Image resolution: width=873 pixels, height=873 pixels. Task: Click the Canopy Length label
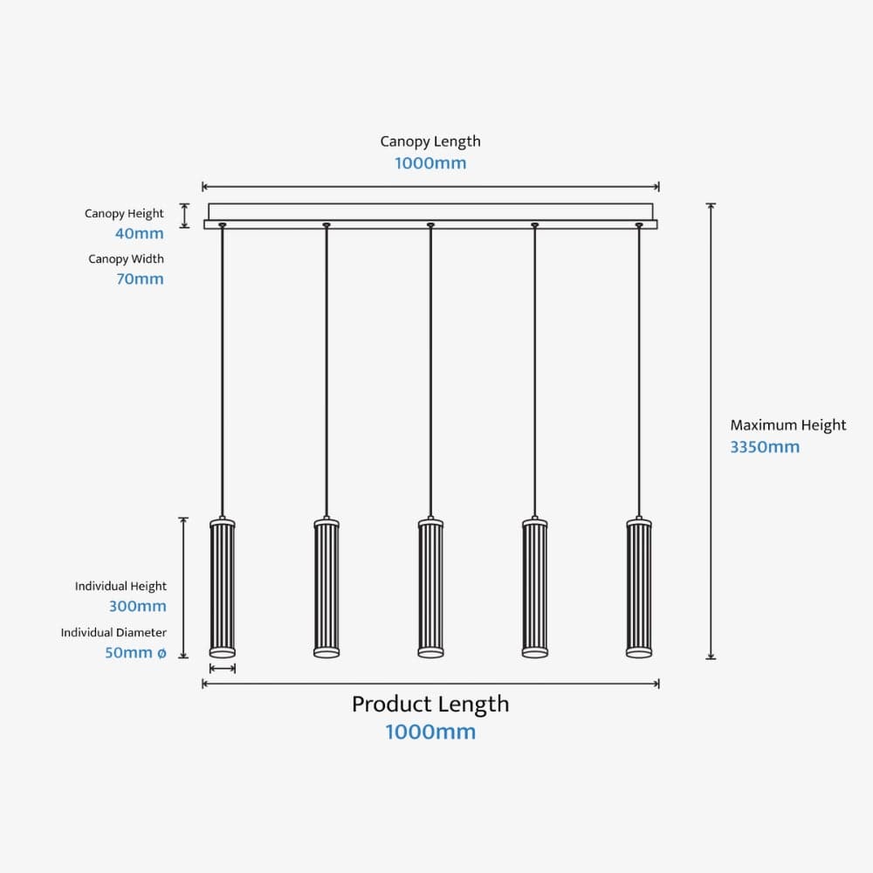coord(430,141)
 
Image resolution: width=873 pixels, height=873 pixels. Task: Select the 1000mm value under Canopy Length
coord(430,163)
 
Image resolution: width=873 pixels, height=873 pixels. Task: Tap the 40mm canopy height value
coord(139,234)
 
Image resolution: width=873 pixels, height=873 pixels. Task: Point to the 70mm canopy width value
coord(139,279)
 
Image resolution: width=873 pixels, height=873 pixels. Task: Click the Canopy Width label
coord(126,259)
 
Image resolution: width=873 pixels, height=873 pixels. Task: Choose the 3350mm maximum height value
coord(765,447)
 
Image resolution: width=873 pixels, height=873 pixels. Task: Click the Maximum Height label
coord(787,425)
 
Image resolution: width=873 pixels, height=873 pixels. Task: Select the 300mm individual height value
coord(137,607)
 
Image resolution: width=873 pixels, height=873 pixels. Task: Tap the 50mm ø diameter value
coord(135,653)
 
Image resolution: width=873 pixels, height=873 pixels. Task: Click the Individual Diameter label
coord(113,633)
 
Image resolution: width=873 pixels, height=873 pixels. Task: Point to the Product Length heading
coord(430,705)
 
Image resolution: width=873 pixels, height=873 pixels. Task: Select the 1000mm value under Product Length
coord(430,732)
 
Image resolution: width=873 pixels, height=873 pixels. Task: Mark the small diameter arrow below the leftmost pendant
coord(223,669)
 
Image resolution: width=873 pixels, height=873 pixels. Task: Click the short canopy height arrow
coord(184,216)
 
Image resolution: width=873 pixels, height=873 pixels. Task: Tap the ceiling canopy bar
coord(430,213)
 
